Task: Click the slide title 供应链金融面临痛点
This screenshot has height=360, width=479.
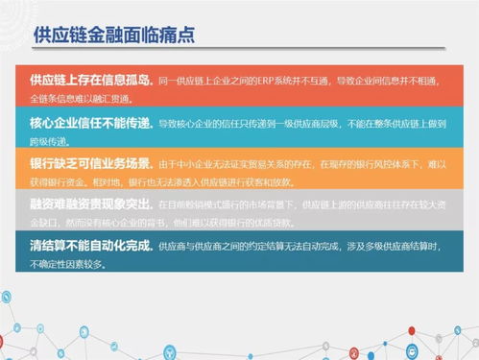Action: coord(113,36)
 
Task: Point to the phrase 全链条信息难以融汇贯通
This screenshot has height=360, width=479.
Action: coord(79,99)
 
